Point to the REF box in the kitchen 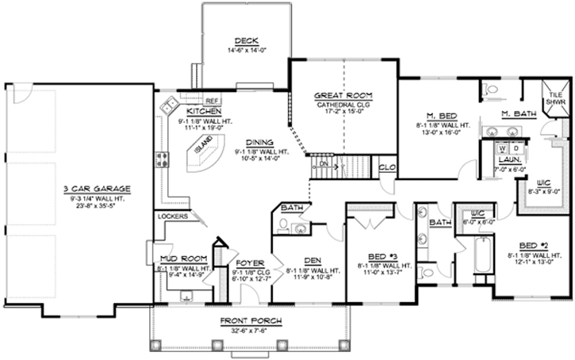tap(212, 101)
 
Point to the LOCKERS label tap(172, 216)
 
